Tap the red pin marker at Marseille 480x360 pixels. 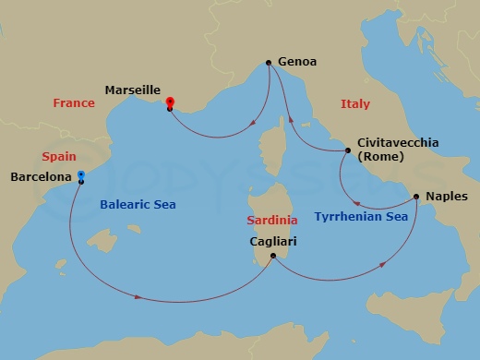[x=170, y=103]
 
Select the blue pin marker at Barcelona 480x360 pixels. [x=81, y=175]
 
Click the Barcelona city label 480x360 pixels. [x=41, y=175]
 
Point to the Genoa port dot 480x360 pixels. [x=268, y=63]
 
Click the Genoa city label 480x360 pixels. [x=296, y=63]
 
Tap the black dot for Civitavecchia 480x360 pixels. [x=347, y=150]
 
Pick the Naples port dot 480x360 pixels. [x=416, y=197]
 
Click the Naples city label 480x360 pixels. [x=448, y=197]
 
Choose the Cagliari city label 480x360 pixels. [x=273, y=242]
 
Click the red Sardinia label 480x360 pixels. [x=272, y=222]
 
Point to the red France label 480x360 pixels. [x=74, y=104]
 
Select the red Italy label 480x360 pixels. [x=355, y=104]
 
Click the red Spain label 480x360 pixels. [x=59, y=158]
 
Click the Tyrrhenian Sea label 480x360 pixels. [x=361, y=217]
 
